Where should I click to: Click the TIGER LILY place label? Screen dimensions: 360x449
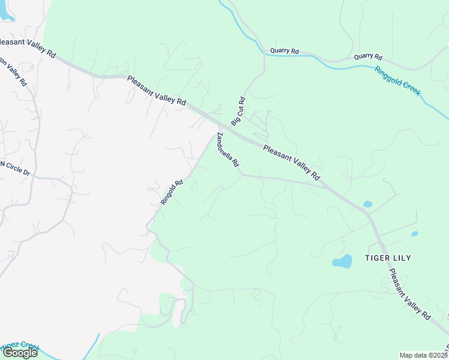pos(388,258)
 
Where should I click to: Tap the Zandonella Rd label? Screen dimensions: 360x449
pos(228,149)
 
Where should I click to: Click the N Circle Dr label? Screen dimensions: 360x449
pos(14,168)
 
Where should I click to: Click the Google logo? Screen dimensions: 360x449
pos(20,353)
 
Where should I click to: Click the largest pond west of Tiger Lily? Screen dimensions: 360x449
pos(342,262)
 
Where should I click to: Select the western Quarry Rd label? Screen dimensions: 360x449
pos(285,52)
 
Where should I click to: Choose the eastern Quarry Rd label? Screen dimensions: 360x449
pos(368,57)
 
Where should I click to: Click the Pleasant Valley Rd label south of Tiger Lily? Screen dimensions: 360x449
pos(409,294)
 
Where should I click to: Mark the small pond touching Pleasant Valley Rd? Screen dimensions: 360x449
pos(367,204)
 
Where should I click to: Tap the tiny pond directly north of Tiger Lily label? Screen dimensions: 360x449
pos(414,234)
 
